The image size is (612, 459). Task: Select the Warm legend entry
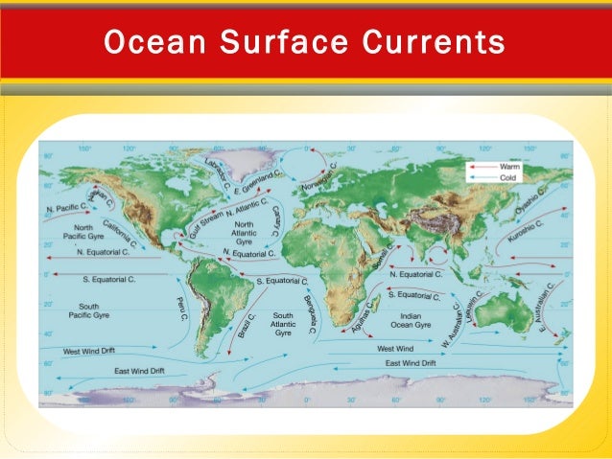(x=507, y=166)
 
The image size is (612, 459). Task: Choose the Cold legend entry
(x=507, y=177)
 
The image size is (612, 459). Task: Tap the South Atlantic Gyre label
(x=282, y=323)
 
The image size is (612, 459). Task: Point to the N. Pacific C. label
(x=65, y=207)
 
